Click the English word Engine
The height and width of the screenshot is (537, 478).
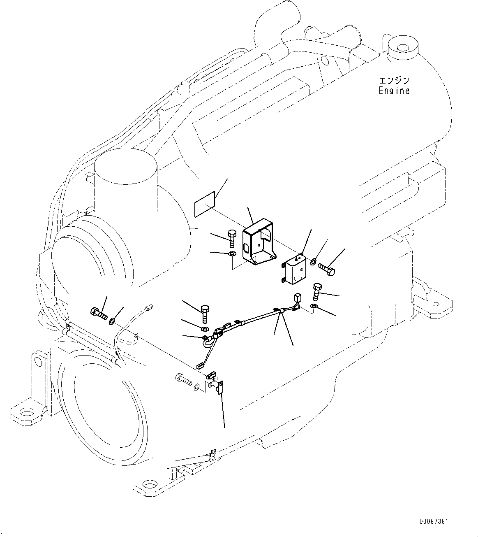394,91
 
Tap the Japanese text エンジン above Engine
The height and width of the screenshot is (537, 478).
394,81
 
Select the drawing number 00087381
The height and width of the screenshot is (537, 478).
434,522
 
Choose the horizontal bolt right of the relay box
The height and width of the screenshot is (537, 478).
327,270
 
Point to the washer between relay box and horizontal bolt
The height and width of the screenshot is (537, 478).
313,261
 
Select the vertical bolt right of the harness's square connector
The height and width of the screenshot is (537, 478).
317,291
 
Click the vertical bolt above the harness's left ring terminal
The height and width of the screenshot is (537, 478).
206,314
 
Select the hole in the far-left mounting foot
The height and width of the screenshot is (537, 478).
26,411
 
